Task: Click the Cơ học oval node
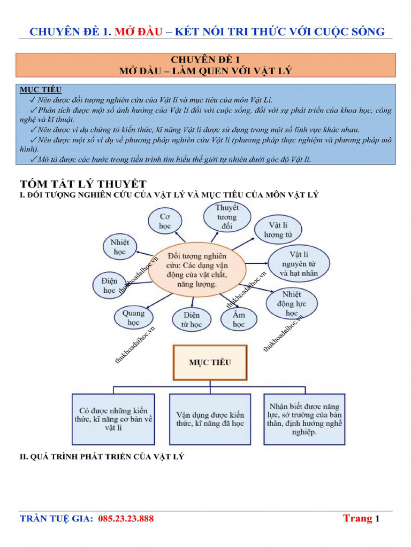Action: [x=165, y=221]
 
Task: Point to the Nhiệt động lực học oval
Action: [x=292, y=303]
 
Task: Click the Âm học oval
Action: [x=239, y=319]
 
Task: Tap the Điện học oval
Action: [x=109, y=285]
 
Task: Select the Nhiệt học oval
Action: [x=119, y=246]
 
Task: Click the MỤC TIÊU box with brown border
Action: [x=210, y=362]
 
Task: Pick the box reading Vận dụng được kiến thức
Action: [x=210, y=419]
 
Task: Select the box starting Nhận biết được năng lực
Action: [x=304, y=419]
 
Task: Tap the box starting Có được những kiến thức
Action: [x=113, y=419]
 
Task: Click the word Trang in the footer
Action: [x=357, y=518]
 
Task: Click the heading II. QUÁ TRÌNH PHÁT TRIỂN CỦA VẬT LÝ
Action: [x=102, y=457]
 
